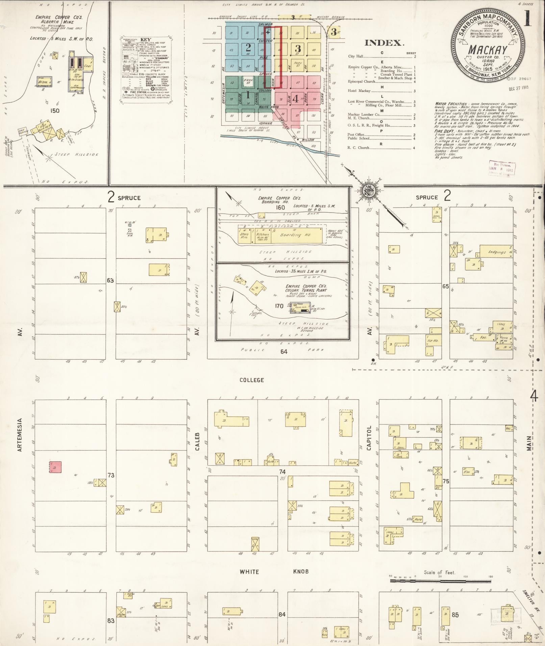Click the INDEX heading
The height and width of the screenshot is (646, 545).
pyautogui.click(x=384, y=43)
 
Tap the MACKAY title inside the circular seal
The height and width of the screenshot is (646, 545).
pyautogui.click(x=487, y=50)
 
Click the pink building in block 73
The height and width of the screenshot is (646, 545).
pyautogui.click(x=55, y=467)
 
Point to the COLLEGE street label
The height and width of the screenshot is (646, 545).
pyautogui.click(x=251, y=380)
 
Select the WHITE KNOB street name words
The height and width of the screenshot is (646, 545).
pyautogui.click(x=274, y=572)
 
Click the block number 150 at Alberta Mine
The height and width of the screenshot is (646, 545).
pyautogui.click(x=54, y=110)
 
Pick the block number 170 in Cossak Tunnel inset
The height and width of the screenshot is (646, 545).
pyautogui.click(x=279, y=306)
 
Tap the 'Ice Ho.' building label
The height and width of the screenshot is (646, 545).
pyautogui.click(x=433, y=340)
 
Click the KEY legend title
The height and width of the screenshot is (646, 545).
pyautogui.click(x=146, y=40)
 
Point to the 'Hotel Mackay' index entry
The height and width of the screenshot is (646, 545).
pyautogui.click(x=360, y=91)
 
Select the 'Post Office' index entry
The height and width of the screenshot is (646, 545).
pyautogui.click(x=356, y=134)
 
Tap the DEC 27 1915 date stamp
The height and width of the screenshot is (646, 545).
pyautogui.click(x=519, y=88)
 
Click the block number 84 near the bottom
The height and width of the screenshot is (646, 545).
pyautogui.click(x=282, y=614)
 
